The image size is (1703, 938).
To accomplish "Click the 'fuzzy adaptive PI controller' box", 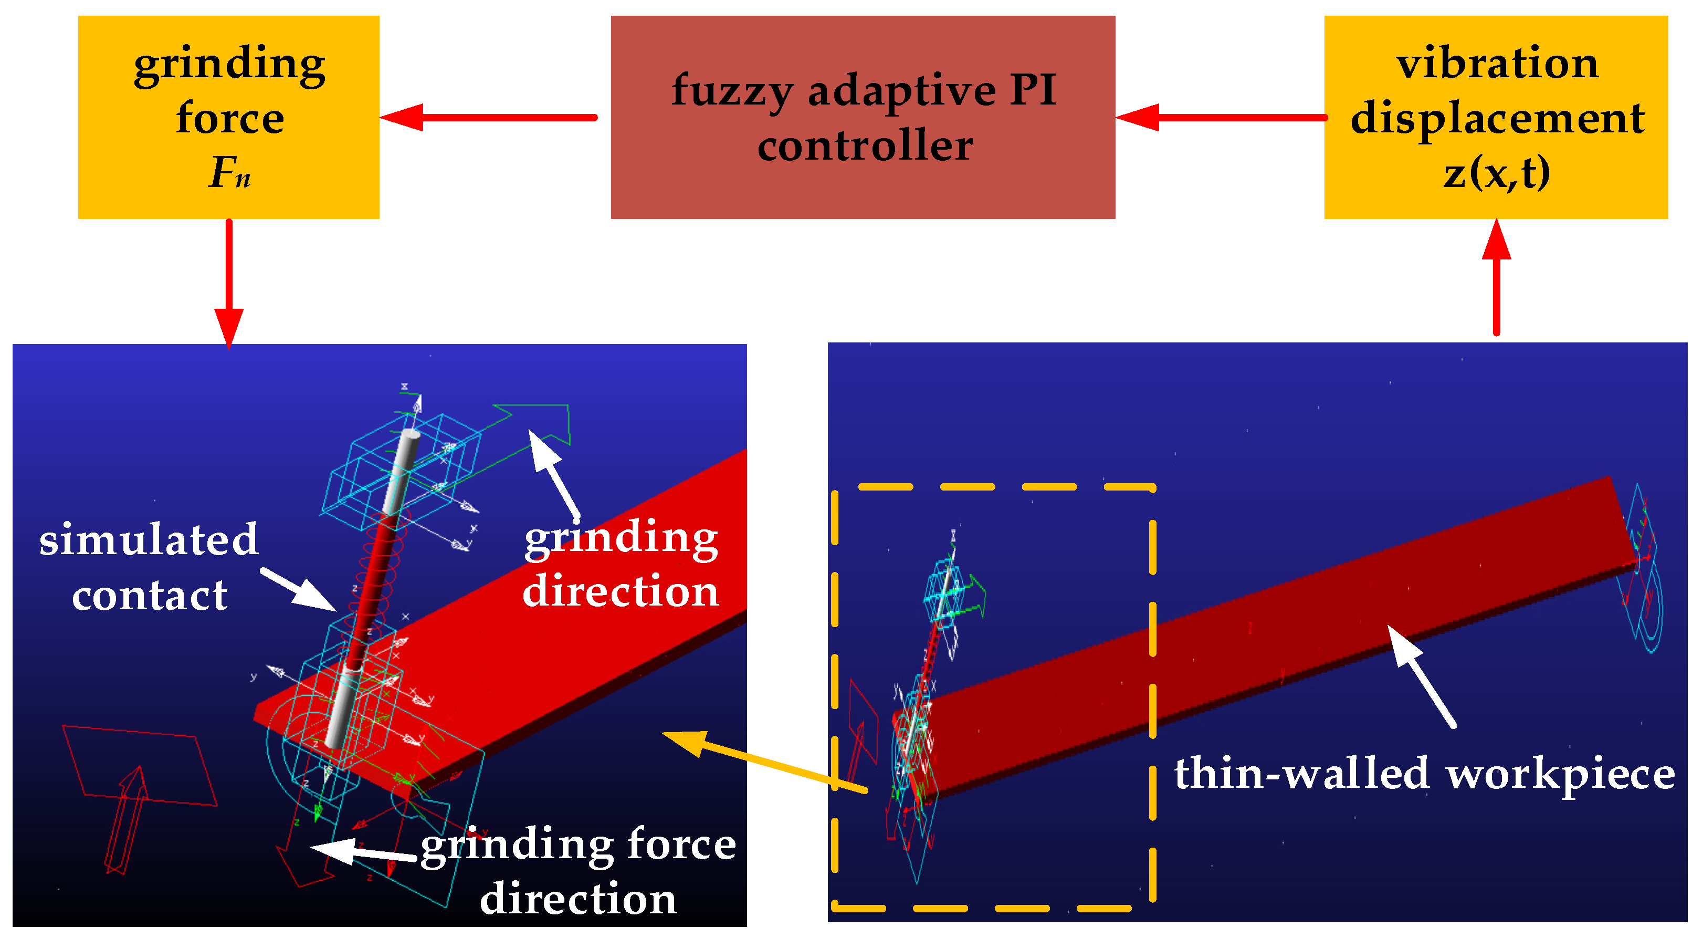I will (x=862, y=117).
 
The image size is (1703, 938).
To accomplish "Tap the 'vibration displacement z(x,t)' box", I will (x=1496, y=117).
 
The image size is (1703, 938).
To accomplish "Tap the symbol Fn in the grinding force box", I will (x=229, y=173).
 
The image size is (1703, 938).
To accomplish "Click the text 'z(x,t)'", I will (x=1496, y=173).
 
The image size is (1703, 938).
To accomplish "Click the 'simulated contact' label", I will (x=149, y=567).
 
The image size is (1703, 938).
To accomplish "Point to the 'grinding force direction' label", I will (x=578, y=871).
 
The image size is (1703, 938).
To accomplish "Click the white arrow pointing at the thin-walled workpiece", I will (x=1422, y=675).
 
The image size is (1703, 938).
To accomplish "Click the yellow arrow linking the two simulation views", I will (x=760, y=760).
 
